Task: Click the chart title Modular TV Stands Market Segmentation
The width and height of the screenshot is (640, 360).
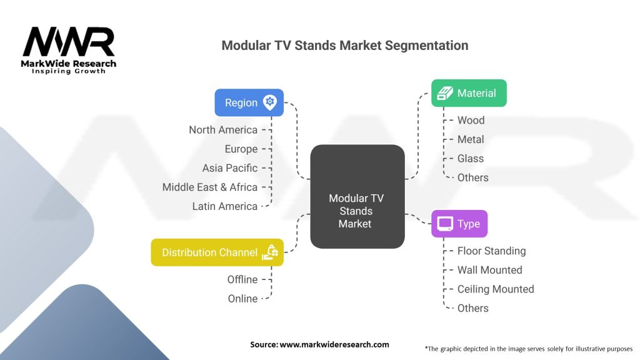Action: point(344,46)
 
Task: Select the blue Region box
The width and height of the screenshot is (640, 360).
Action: point(249,102)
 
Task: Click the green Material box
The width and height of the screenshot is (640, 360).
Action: point(469,93)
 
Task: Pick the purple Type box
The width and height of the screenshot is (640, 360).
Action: point(459,224)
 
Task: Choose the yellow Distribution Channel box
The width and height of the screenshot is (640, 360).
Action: point(217,252)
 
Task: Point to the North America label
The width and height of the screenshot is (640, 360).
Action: point(223,130)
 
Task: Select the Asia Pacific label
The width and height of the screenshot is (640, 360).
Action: point(229,168)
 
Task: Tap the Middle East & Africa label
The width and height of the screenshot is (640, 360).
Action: point(209,187)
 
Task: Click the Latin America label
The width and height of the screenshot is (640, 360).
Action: point(224,206)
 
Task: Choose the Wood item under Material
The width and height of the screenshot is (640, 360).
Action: point(471,120)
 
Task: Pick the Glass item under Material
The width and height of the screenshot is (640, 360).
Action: point(470,158)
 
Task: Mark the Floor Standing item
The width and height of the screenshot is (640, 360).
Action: point(491,251)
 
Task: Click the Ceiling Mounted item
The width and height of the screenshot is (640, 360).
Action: point(495,289)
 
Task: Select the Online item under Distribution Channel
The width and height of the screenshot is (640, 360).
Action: point(242,299)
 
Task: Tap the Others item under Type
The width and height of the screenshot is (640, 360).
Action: point(472,308)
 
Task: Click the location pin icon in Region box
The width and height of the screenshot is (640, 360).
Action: point(270,102)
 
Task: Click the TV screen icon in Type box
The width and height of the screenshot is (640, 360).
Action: point(445,224)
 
